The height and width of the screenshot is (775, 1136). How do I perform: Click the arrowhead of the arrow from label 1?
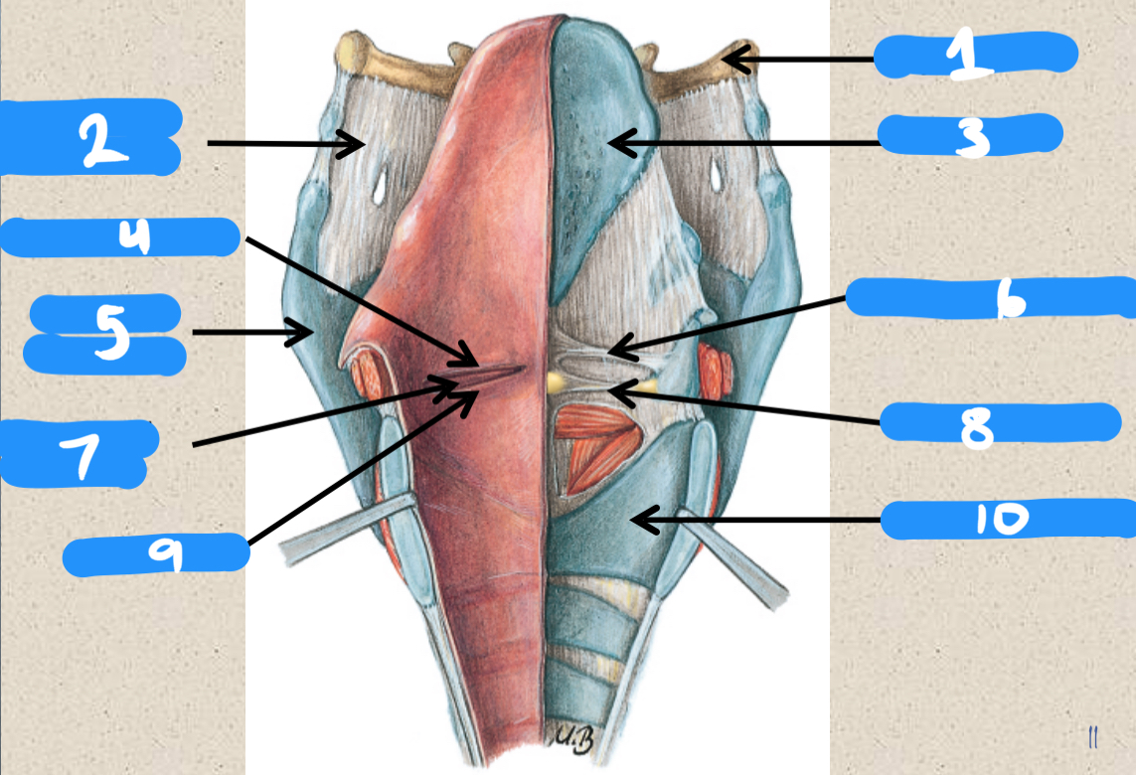tap(729, 60)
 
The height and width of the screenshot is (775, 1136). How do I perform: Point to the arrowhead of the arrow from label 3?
tap(613, 143)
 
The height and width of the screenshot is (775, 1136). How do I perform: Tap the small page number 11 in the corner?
tap(1092, 736)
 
